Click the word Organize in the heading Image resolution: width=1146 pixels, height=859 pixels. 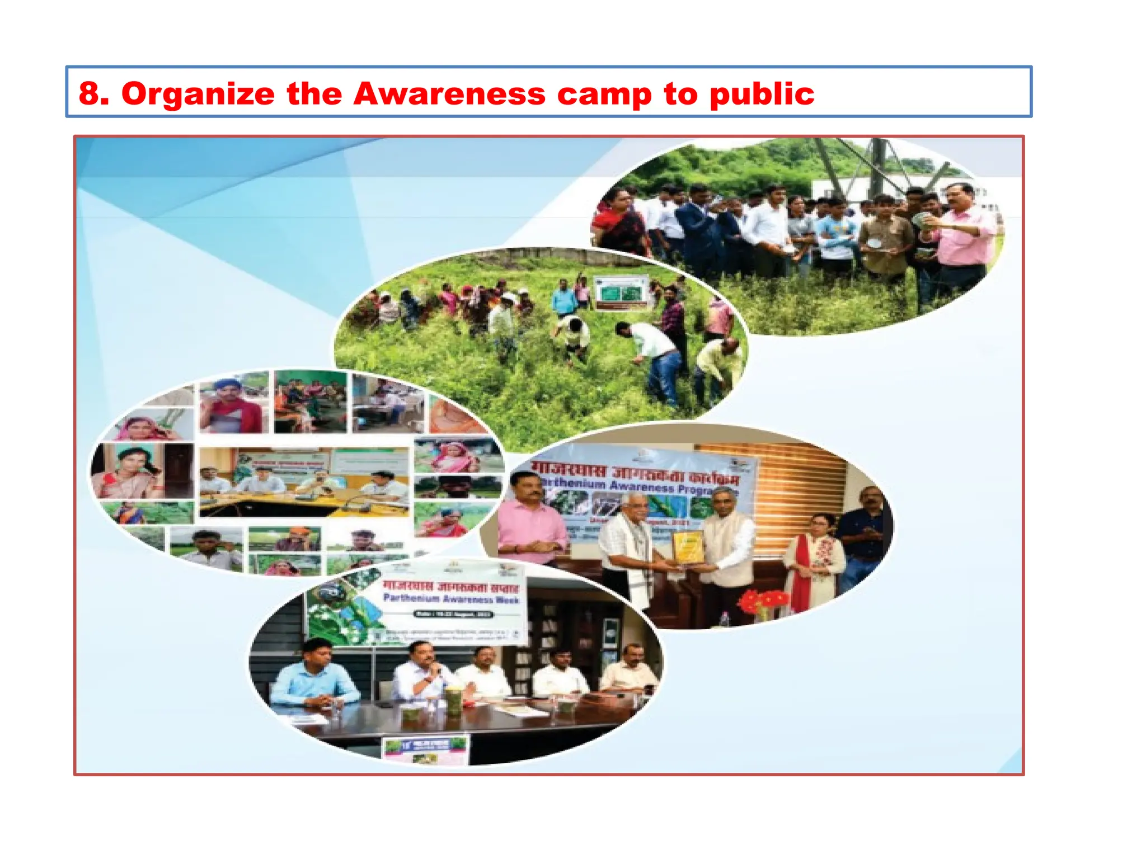[198, 93]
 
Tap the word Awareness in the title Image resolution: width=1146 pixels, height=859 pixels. [449, 93]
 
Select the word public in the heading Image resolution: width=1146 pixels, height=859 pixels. [762, 93]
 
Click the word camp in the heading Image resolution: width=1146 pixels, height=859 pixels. [604, 93]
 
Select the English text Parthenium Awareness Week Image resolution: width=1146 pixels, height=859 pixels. [451, 598]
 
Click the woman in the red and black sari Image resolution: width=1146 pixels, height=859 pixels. [618, 224]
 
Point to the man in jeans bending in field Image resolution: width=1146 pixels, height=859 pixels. [655, 358]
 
